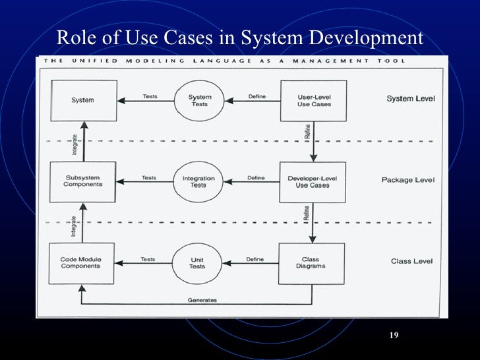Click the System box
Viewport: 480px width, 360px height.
[83, 100]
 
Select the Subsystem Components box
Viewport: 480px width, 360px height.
[83, 181]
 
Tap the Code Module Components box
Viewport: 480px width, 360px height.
[80, 263]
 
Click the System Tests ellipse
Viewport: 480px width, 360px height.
[200, 101]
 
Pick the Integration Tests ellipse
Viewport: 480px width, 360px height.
[198, 181]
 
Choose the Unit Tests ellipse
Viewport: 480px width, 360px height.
[198, 263]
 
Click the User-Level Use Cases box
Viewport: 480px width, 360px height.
[314, 101]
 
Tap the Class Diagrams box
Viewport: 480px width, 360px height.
[311, 263]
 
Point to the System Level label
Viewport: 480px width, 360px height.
[410, 99]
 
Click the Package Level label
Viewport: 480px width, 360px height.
[408, 180]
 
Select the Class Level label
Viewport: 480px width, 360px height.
[412, 261]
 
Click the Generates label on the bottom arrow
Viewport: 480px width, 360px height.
[202, 300]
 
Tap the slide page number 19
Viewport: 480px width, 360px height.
[394, 336]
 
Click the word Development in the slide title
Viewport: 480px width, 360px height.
[357, 38]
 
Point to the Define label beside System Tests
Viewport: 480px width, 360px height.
[256, 96]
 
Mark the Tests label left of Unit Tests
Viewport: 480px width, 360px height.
[148, 259]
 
